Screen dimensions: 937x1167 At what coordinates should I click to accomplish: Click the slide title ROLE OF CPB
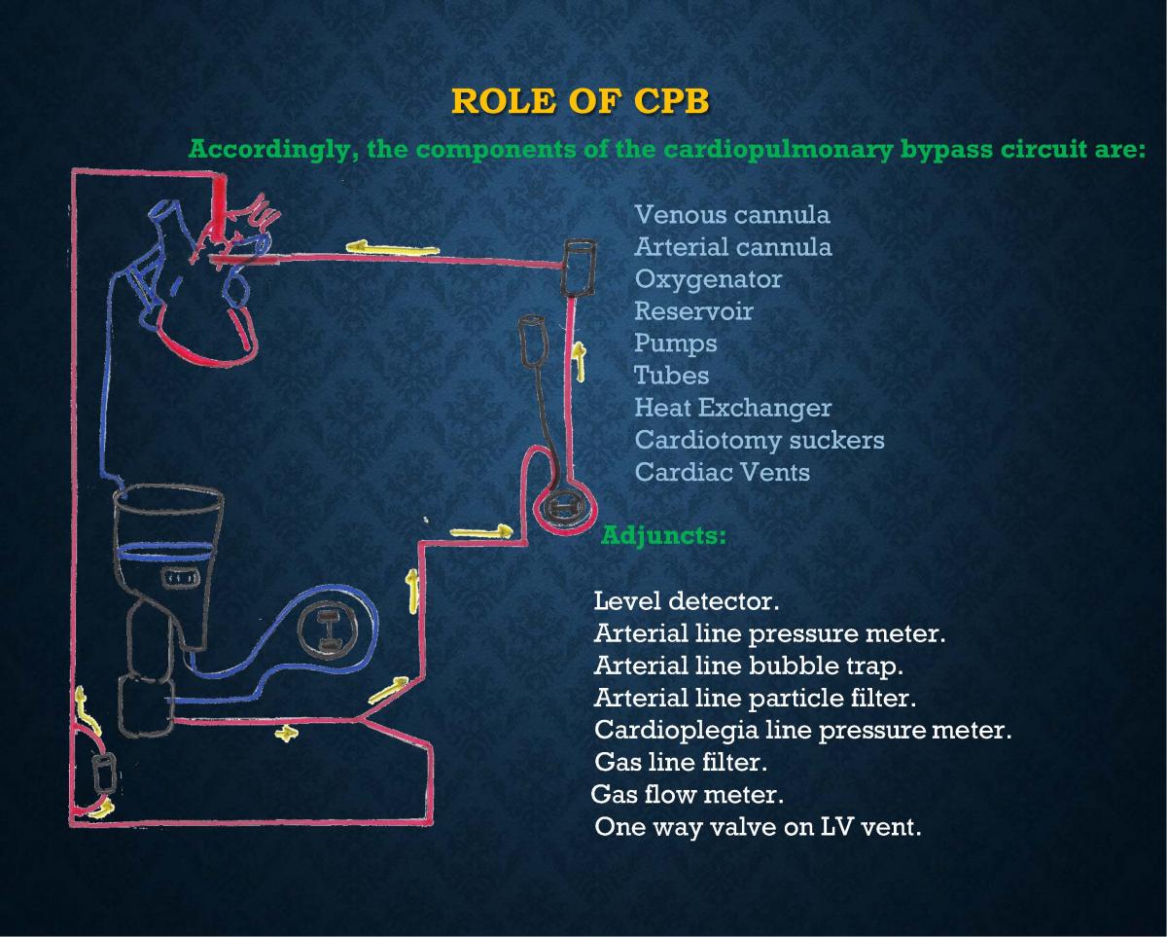coord(582,101)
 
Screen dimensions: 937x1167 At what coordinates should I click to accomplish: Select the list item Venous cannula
coord(731,214)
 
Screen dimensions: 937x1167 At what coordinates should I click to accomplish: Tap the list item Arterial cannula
coord(732,247)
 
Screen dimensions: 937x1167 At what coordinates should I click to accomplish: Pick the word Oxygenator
coord(707,279)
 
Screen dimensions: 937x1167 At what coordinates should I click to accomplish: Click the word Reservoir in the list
coord(692,311)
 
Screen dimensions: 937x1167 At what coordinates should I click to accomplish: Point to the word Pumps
coord(675,343)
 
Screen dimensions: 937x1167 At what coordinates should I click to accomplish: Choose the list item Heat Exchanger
coord(732,408)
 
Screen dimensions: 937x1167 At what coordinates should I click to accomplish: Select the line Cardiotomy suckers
coord(759,440)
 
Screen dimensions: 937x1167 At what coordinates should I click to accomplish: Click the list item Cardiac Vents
coord(722,472)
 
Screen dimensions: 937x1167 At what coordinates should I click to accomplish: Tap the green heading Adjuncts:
coord(663,535)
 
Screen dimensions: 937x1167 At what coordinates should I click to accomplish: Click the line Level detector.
coord(687,601)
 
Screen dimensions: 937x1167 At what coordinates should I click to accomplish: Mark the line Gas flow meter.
coord(687,794)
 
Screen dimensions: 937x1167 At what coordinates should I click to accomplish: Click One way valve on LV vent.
coord(757,827)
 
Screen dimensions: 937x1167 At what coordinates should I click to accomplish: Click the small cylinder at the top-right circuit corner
coord(579,267)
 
